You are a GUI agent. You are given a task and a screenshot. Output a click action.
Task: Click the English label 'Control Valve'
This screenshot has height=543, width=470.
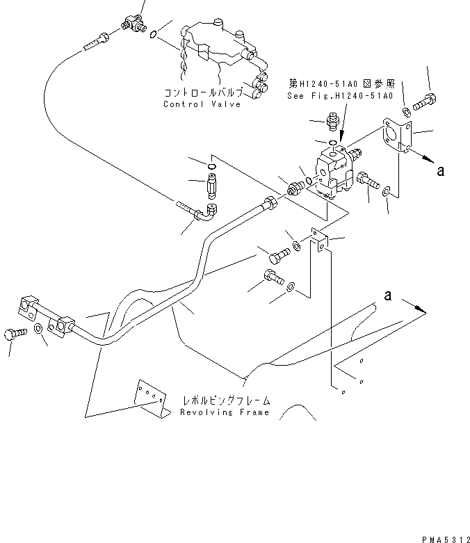coord(202,104)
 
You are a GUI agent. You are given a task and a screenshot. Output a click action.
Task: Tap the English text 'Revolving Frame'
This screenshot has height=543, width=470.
coord(224,412)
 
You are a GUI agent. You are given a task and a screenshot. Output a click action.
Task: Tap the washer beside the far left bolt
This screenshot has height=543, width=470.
coord(37,329)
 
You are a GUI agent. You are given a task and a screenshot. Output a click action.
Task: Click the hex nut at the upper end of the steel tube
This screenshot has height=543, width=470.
coord(269,204)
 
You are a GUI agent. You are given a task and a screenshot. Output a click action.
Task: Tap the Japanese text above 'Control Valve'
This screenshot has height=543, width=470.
coord(203,92)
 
